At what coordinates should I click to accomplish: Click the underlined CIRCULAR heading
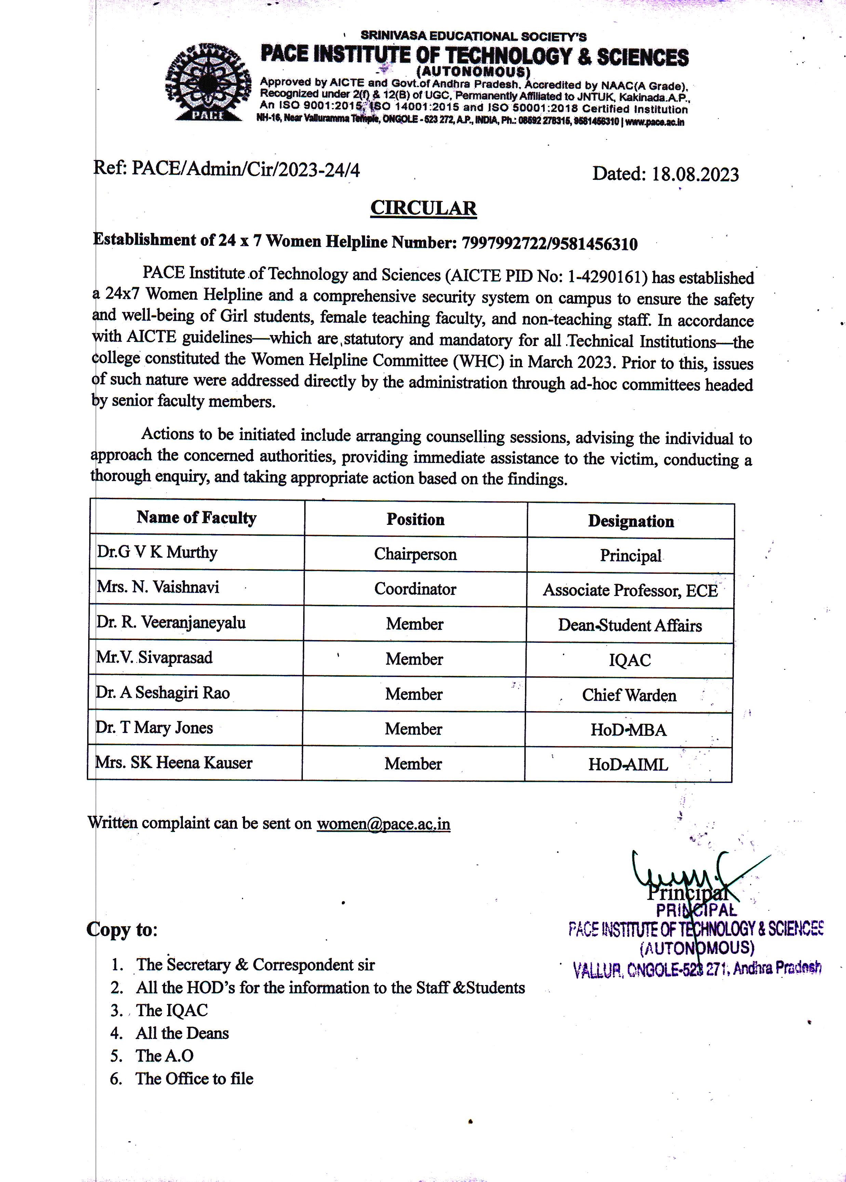(x=423, y=208)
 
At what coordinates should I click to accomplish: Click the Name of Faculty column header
(x=197, y=517)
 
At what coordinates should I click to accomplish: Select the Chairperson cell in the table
(x=415, y=554)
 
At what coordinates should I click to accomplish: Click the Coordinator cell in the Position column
(x=415, y=589)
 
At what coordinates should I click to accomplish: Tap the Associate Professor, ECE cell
(x=630, y=590)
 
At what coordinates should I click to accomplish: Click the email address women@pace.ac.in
(x=384, y=824)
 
